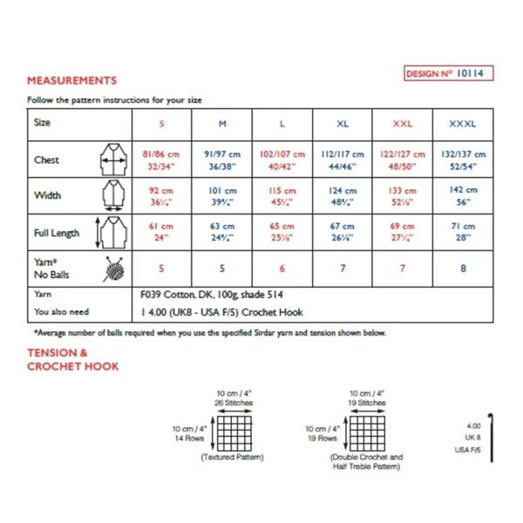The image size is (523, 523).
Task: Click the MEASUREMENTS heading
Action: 72,80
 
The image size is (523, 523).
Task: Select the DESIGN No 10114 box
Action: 449,74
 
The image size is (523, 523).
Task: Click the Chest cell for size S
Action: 160,159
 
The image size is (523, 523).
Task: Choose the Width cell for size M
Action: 219,195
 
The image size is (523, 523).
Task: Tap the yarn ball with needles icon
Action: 112,269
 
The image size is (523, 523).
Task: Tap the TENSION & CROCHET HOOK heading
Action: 73,359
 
